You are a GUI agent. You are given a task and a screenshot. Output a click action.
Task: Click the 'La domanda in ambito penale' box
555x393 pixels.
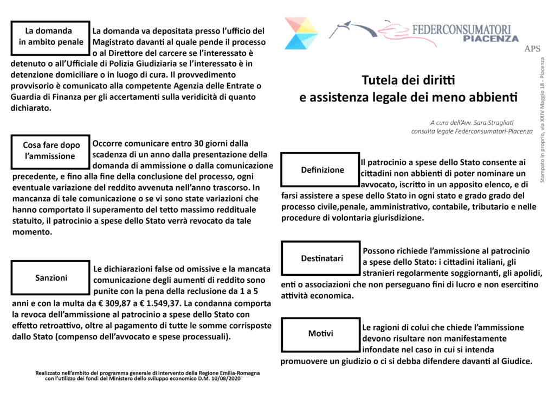click(x=50, y=37)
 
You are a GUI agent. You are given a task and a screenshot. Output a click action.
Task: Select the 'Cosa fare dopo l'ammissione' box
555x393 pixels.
click(x=50, y=151)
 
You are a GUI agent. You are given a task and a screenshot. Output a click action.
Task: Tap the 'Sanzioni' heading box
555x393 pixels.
click(x=50, y=278)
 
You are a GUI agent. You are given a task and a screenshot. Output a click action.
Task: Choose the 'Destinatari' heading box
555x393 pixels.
click(x=322, y=258)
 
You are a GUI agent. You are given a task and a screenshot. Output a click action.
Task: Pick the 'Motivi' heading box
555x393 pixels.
click(x=321, y=333)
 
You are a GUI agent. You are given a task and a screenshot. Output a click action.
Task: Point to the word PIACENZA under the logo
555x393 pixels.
click(x=492, y=39)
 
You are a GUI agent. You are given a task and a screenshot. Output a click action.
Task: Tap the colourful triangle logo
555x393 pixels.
click(x=301, y=33)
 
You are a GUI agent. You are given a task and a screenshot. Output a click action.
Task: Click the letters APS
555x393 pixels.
click(x=532, y=49)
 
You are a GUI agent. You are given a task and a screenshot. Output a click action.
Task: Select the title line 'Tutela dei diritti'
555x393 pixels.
click(x=408, y=81)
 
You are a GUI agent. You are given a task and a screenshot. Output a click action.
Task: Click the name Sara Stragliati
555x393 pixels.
click(x=492, y=123)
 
